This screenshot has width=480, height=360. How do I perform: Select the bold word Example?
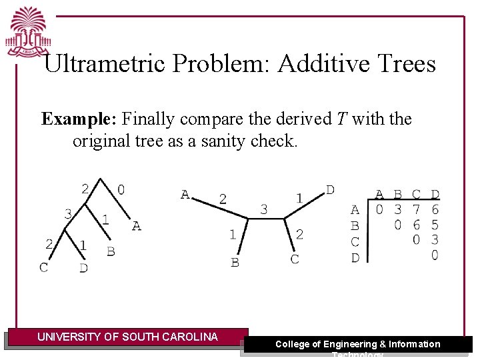78,119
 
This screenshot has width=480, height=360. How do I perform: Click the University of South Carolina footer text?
127,337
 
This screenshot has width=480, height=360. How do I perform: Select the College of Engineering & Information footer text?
358,344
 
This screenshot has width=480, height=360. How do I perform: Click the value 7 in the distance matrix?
416,210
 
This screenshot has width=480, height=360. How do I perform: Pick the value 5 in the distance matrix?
435,225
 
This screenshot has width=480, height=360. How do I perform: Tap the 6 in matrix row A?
435,210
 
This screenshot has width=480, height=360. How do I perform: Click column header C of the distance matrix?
416,195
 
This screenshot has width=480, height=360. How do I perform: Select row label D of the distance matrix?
355,257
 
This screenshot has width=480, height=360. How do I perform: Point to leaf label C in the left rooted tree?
43,267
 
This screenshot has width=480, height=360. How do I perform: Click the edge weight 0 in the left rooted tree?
121,190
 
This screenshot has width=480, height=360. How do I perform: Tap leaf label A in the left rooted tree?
136,226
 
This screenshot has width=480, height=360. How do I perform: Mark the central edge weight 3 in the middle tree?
264,209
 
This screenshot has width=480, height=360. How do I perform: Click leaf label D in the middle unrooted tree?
330,190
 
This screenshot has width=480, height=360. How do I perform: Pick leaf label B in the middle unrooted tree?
235,262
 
